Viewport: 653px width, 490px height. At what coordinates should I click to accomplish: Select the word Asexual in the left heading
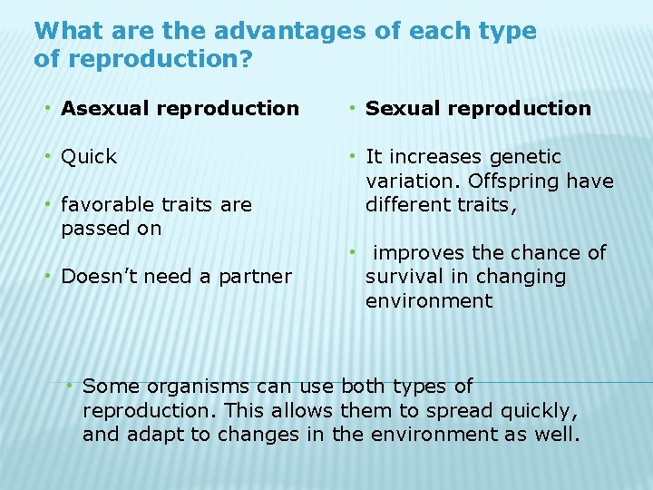point(105,109)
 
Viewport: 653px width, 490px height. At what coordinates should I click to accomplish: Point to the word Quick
point(89,157)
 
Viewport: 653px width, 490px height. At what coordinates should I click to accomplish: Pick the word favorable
point(107,205)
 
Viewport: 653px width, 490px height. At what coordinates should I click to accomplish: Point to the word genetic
point(525,157)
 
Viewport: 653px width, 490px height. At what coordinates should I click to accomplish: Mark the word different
point(405,205)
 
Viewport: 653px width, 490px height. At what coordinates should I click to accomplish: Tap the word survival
point(403,277)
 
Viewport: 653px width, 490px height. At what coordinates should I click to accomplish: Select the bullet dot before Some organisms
point(70,387)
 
